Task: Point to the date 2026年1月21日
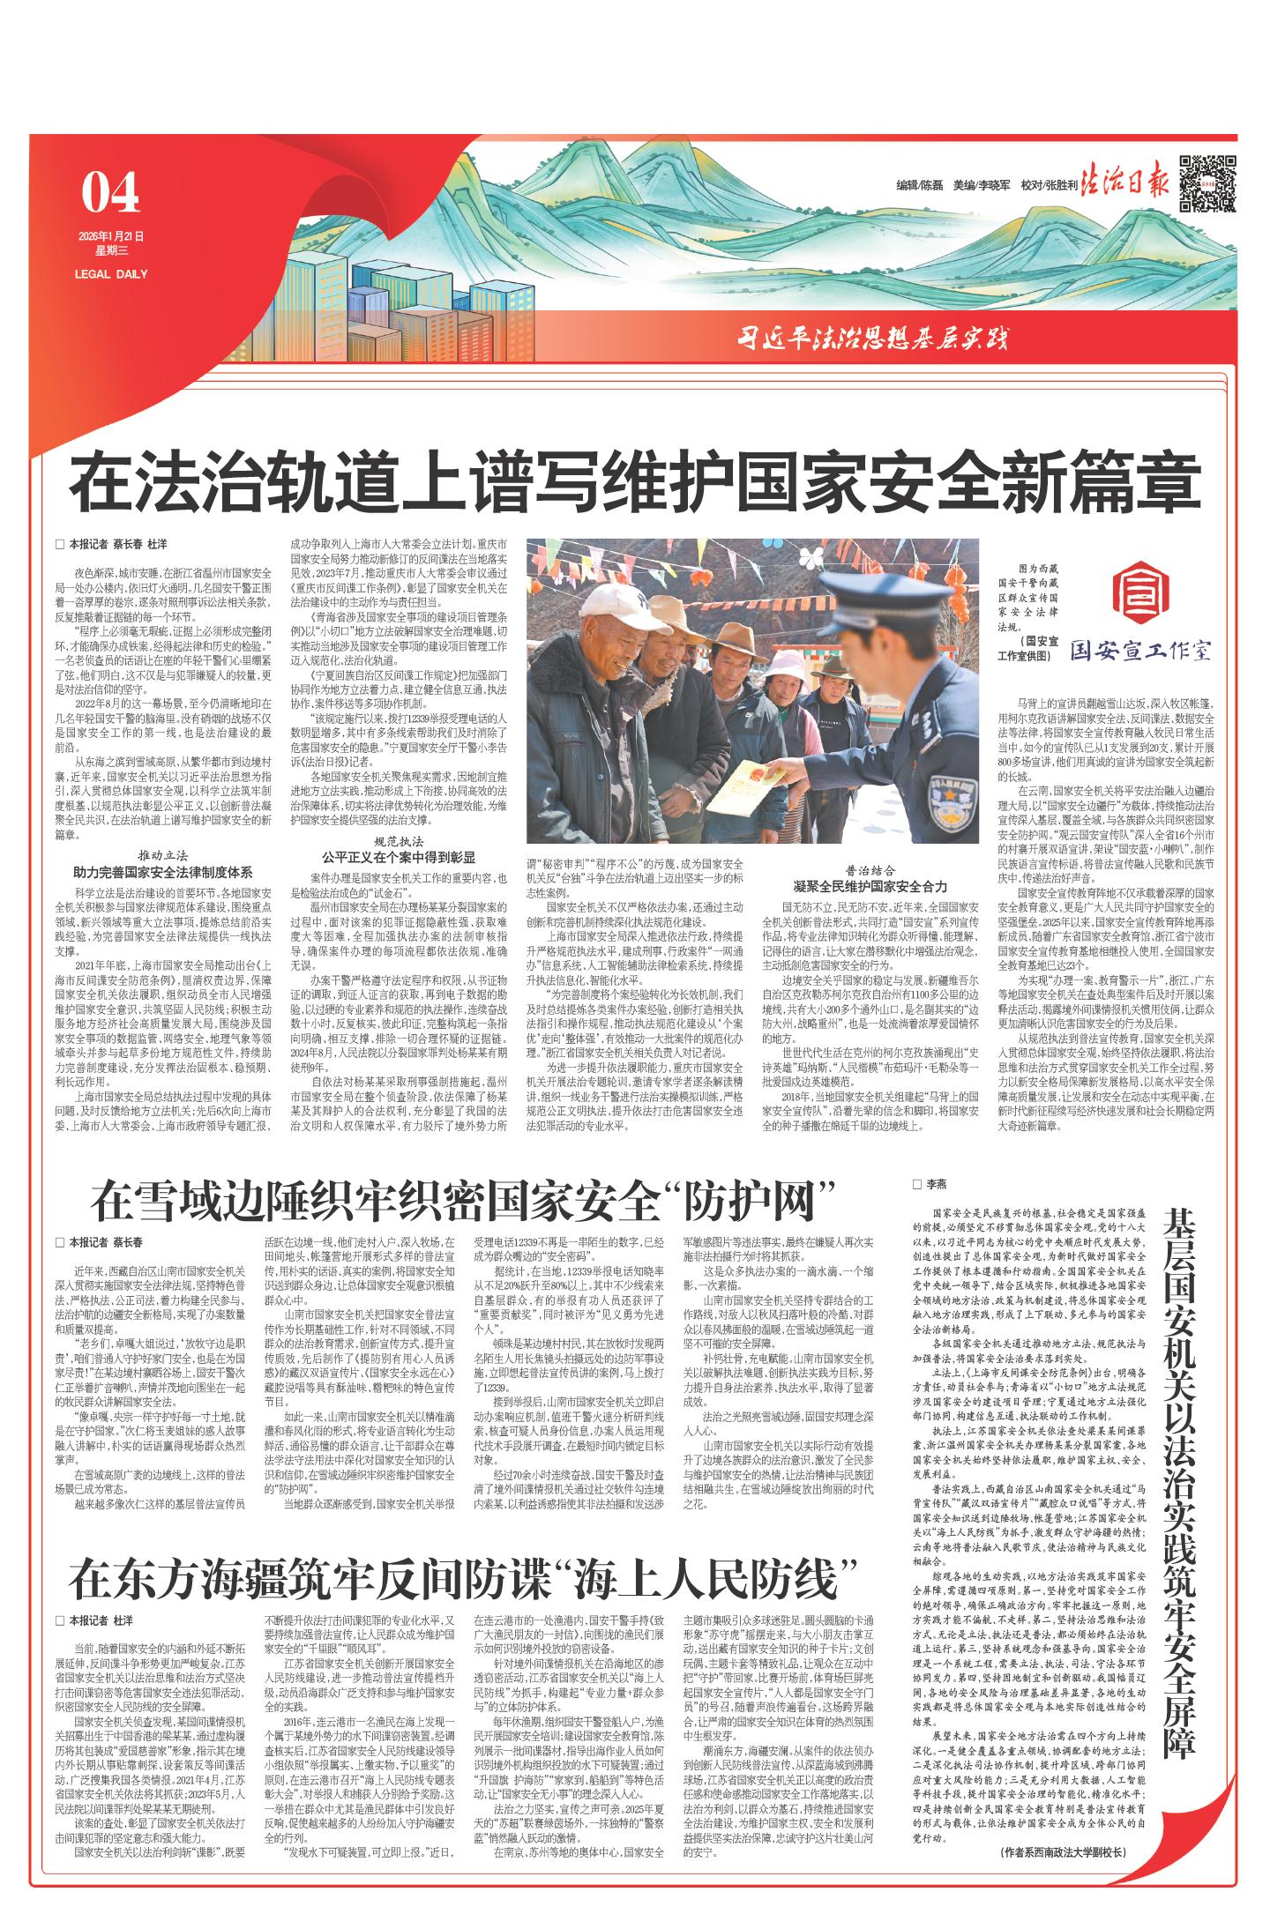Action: pyautogui.click(x=109, y=236)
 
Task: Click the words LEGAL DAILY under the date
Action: pyautogui.click(x=111, y=273)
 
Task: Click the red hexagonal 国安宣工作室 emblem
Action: pyautogui.click(x=1138, y=596)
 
